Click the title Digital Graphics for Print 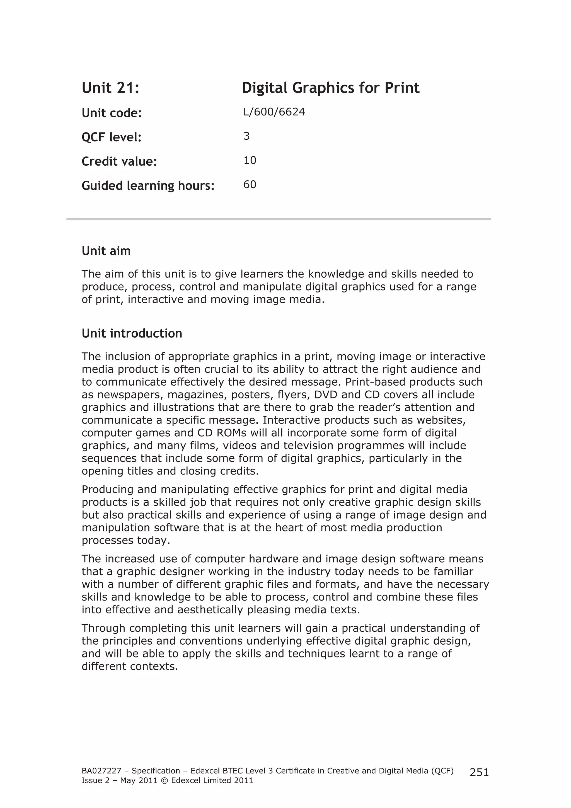[330, 88]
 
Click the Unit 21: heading [110, 88]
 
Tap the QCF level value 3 [246, 136]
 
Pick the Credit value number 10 [250, 161]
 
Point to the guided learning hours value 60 [250, 185]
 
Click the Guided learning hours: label [148, 186]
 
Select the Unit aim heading [106, 251]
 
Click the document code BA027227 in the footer [98, 771]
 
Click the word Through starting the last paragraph [104, 628]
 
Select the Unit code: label [112, 113]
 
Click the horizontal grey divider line [278, 219]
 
